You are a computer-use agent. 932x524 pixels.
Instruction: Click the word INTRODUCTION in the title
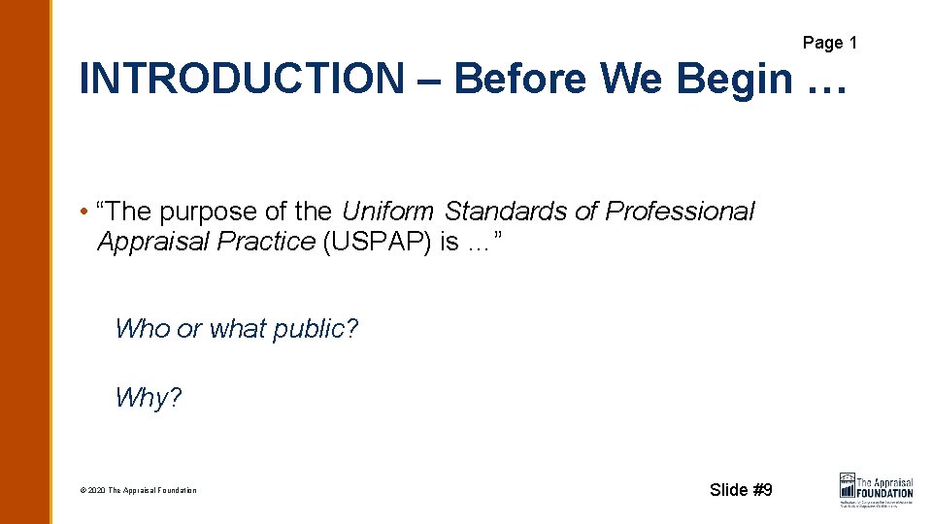click(x=241, y=79)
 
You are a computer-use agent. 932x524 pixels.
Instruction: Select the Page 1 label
click(x=829, y=43)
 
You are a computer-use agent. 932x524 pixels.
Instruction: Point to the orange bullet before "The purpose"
click(x=85, y=213)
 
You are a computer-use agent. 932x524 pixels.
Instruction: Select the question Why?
click(x=149, y=398)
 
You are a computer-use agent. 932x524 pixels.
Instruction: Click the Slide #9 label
click(x=741, y=489)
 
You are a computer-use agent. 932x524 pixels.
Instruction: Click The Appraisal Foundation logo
click(x=876, y=487)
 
